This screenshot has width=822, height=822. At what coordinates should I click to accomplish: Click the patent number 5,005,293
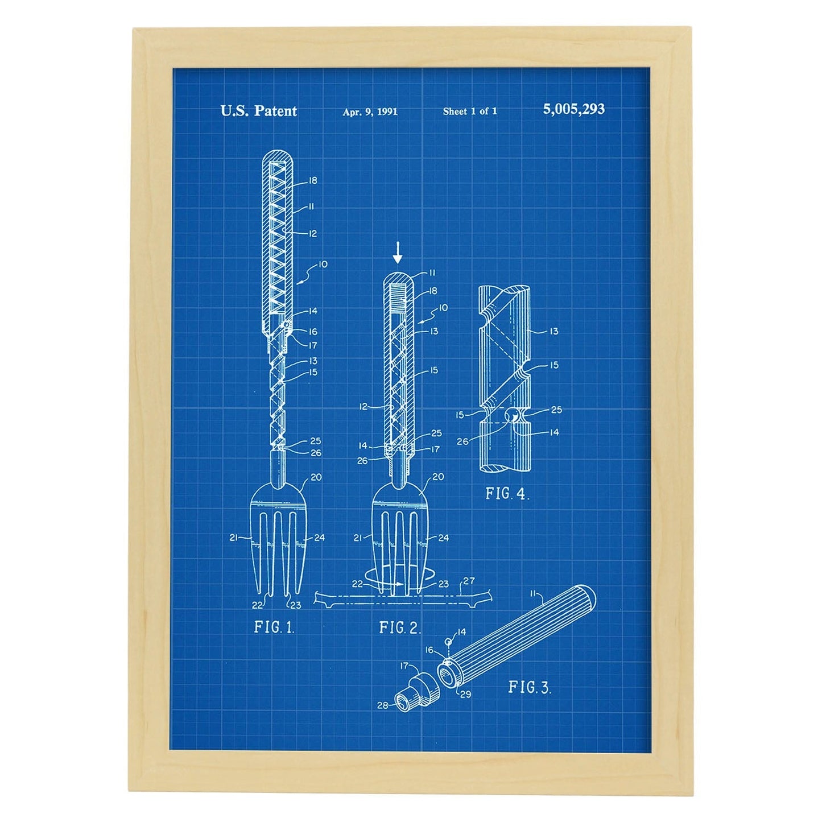(573, 109)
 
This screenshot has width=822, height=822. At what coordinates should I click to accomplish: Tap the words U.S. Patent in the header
(258, 111)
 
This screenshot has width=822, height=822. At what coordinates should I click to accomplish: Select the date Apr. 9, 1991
(370, 111)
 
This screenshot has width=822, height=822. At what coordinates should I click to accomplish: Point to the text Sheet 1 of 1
(470, 111)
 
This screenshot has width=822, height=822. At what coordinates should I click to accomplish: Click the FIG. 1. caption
(274, 627)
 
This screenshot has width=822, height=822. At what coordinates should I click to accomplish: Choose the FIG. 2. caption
(400, 627)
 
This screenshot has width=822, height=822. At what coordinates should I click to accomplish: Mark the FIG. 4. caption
(507, 494)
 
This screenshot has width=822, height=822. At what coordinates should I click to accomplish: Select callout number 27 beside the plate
(469, 581)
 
